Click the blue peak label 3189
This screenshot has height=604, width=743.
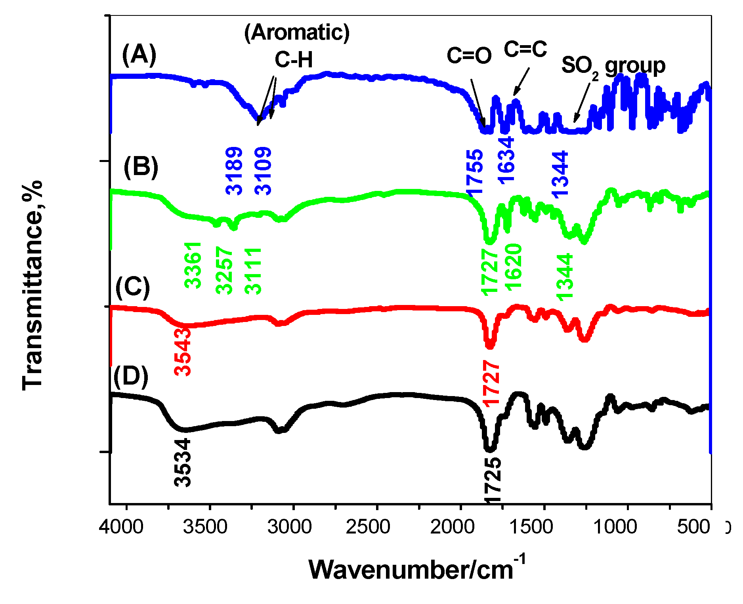point(234,171)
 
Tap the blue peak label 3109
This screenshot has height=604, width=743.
point(263,171)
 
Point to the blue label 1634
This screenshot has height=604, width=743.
point(506,160)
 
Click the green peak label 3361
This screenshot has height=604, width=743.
point(193,265)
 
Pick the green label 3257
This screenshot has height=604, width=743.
point(224,270)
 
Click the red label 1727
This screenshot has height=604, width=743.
point(491,383)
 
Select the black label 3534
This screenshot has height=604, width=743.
point(183,463)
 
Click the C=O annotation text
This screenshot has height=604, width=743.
point(469,55)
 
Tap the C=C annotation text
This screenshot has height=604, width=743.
point(525,49)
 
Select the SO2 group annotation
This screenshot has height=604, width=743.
point(613,66)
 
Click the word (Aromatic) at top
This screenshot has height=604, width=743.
point(297,32)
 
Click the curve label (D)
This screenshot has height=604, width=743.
point(131,376)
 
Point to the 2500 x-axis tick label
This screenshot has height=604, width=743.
point(368,527)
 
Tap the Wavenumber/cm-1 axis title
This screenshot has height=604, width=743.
point(417,569)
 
